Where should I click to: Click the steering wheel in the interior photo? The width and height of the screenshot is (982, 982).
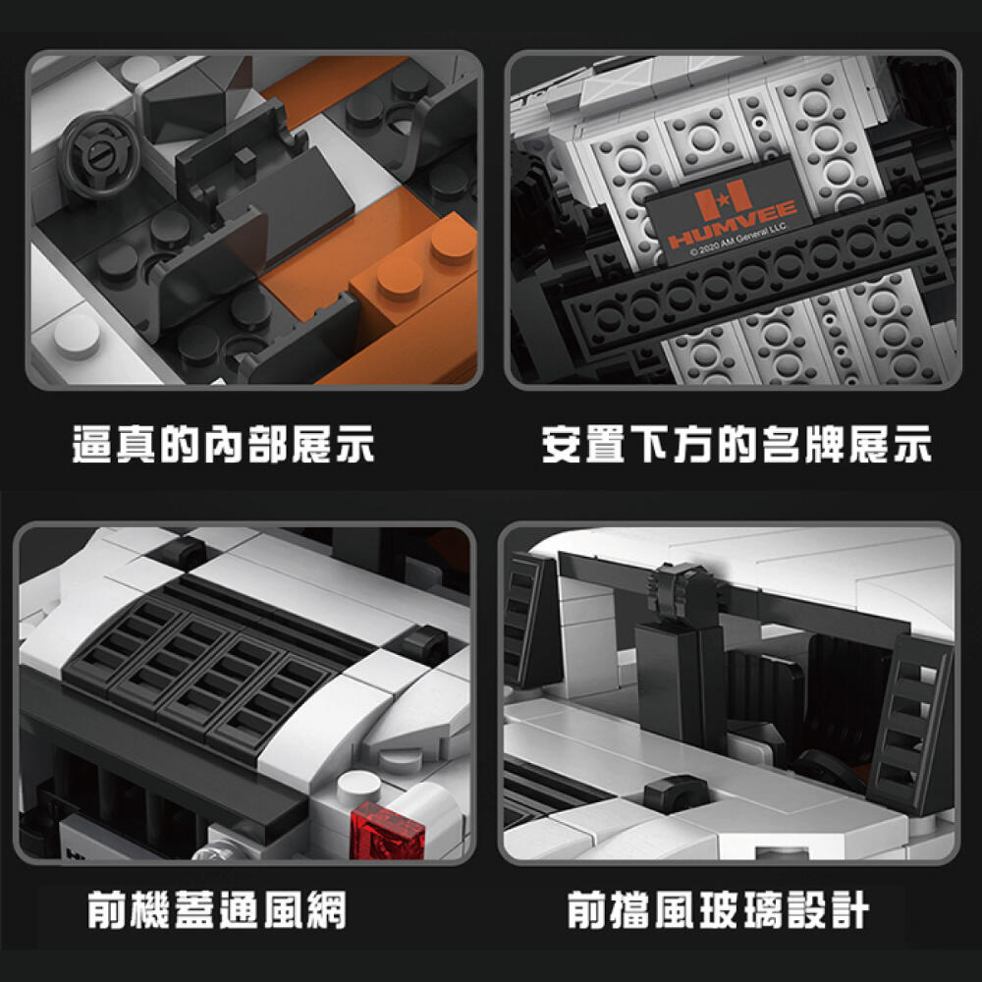click(98, 156)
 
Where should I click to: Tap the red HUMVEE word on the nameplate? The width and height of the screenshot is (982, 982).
click(733, 224)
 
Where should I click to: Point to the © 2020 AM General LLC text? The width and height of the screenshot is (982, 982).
click(739, 241)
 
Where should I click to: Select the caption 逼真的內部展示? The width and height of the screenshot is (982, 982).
click(223, 444)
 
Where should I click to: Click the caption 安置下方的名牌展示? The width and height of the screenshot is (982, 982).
click(736, 444)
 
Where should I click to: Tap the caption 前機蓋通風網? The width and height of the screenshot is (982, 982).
click(217, 909)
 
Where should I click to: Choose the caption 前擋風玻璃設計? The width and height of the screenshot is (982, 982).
click(718, 909)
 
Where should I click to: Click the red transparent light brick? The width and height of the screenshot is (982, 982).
click(387, 831)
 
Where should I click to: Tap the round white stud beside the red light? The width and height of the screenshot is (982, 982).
click(358, 788)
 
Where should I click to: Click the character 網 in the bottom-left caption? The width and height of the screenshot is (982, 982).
click(326, 909)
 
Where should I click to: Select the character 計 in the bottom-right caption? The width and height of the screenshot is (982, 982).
click(849, 909)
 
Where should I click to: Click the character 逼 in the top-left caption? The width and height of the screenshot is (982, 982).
click(92, 444)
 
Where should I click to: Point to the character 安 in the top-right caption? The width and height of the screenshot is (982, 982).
click(562, 444)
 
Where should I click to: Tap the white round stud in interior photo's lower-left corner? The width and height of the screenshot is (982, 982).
click(77, 335)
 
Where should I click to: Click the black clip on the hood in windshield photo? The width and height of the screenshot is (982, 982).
click(677, 794)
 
